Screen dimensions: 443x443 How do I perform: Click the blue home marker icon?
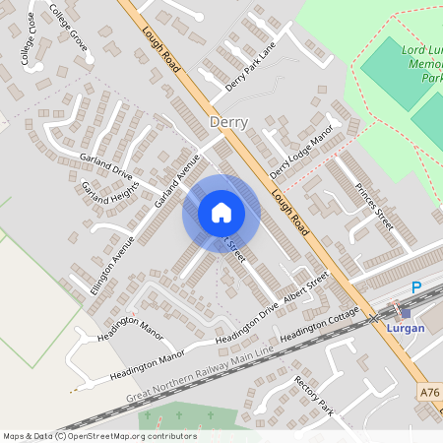point(221,213)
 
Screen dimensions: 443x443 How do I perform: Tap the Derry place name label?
point(228,122)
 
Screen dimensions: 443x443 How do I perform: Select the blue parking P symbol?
point(415,286)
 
